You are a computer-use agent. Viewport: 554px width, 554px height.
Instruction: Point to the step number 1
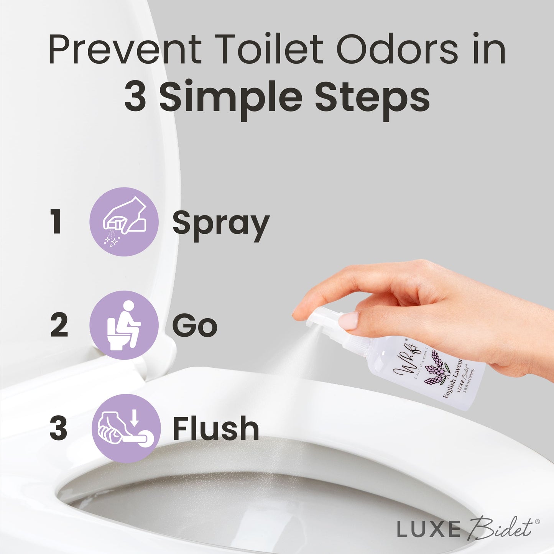(x=57, y=222)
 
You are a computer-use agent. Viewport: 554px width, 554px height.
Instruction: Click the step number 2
(x=59, y=325)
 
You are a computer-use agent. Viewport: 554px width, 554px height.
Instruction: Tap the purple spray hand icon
(x=124, y=222)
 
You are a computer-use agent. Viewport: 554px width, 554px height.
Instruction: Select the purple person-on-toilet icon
(x=124, y=325)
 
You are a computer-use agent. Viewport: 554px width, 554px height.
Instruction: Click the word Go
(x=195, y=326)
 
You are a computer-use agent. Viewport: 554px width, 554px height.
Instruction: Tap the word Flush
(x=216, y=429)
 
